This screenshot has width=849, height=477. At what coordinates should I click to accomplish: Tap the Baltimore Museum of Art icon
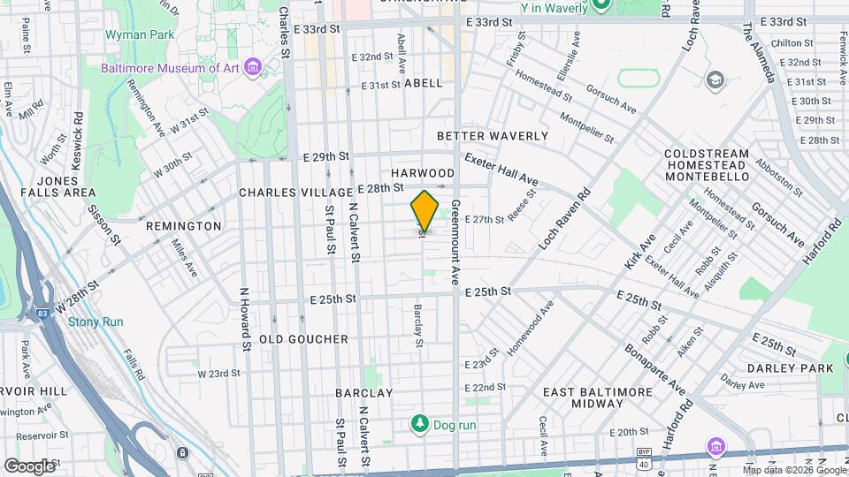point(254,67)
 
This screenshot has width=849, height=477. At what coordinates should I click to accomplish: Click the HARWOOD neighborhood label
point(422,173)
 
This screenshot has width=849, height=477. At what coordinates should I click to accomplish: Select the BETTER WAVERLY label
point(493,136)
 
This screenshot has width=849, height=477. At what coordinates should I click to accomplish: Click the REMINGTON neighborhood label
point(183,226)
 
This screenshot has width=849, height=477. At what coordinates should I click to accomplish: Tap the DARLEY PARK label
point(790,367)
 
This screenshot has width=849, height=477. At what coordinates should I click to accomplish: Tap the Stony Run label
point(96,322)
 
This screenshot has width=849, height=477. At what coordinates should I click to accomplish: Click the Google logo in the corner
point(29,466)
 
